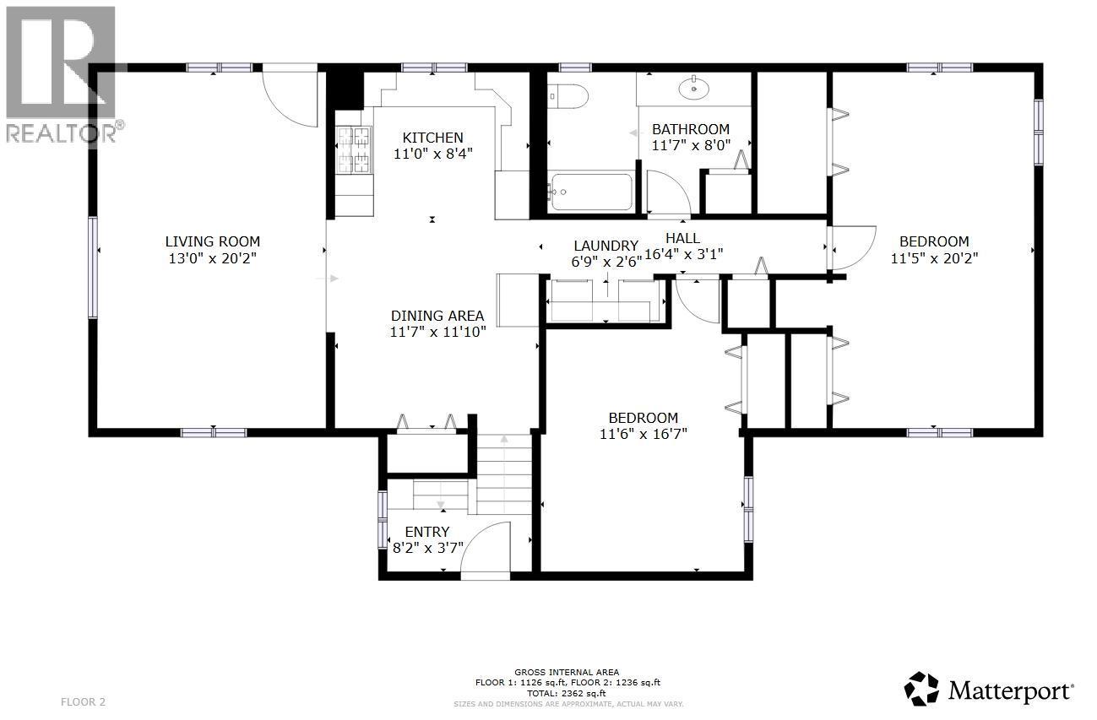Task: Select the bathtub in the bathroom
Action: click(x=590, y=192)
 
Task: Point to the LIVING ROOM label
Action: click(x=212, y=241)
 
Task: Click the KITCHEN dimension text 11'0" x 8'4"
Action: click(x=432, y=154)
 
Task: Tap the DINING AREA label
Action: click(x=437, y=316)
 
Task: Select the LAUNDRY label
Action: click(x=606, y=246)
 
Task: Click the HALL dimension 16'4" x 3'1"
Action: click(x=683, y=253)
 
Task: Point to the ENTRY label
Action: click(x=426, y=532)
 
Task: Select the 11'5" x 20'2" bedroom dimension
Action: click(x=934, y=258)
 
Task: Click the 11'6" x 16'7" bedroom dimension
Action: click(x=643, y=435)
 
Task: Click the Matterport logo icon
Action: click(x=922, y=689)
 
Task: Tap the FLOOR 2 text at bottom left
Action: click(x=84, y=701)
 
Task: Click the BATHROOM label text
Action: click(x=690, y=129)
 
